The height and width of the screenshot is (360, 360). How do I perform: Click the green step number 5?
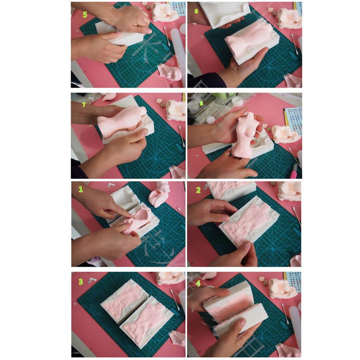click(x=85, y=14)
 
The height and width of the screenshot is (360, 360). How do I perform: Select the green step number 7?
click(x=84, y=105)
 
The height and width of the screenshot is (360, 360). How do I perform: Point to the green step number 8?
click(x=201, y=103)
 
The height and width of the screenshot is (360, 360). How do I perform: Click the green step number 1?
click(x=81, y=189)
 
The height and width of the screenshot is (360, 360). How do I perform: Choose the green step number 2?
click(x=198, y=190)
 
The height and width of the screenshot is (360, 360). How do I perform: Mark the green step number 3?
click(x=81, y=282)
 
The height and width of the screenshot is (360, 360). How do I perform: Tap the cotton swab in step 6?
click(x=294, y=44)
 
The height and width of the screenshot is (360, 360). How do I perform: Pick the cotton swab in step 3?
click(x=175, y=299)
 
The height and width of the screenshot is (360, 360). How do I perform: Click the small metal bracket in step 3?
click(x=92, y=280)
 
